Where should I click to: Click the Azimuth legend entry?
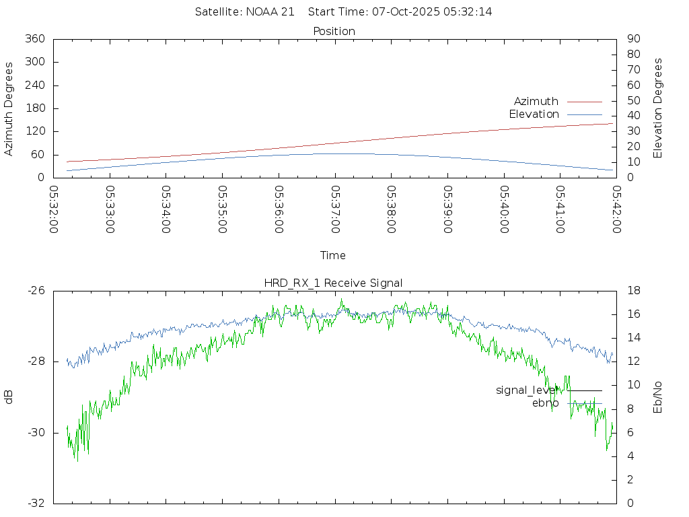coord(536,102)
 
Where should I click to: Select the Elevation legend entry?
coord(534,114)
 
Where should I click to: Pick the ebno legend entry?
coord(545,403)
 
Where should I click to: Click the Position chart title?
coord(334,32)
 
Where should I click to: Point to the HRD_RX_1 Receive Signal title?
coord(333,283)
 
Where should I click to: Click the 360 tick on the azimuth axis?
coord(34,39)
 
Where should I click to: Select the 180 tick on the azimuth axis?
coord(34,108)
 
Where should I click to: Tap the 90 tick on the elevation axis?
coord(632,39)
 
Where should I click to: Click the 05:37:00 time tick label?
coord(335,209)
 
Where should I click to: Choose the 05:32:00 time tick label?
coord(54,209)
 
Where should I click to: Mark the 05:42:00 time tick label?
coord(616,209)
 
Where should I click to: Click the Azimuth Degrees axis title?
coord(9,108)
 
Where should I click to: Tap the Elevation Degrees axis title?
coord(658,108)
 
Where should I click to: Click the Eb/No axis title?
coord(658,397)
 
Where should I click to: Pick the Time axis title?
coord(333,256)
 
